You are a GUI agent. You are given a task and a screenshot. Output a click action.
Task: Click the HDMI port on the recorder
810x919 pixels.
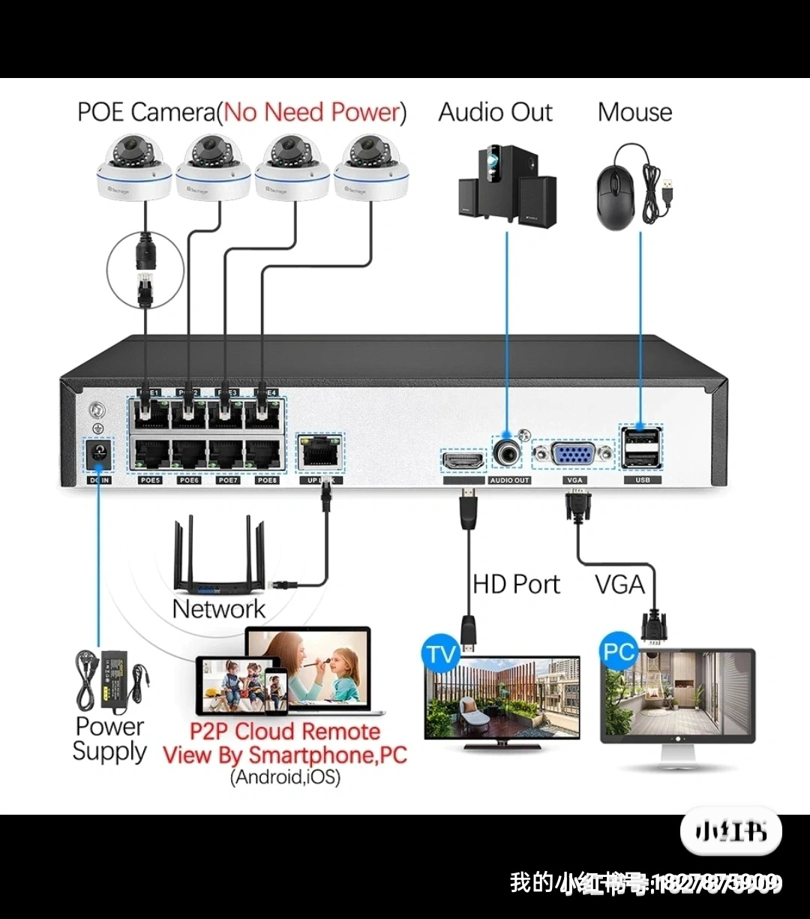coord(463,461)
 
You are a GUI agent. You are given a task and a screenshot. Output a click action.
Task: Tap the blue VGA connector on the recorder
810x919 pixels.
coord(574,456)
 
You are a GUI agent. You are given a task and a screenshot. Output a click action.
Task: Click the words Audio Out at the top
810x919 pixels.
coord(495,113)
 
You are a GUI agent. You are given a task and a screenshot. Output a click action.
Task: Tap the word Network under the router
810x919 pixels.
coord(218,608)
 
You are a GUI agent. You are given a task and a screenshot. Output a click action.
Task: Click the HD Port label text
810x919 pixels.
coord(516,584)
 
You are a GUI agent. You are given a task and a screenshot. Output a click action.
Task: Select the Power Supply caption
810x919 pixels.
coord(109,739)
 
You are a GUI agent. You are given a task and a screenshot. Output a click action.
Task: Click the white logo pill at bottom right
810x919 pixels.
coord(730,832)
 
